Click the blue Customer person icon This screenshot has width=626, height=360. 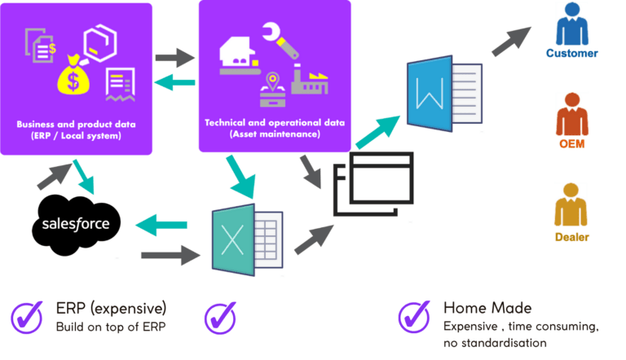(571, 25)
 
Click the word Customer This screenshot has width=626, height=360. (571, 54)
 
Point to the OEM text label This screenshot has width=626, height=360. (571, 144)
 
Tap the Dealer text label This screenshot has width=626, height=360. (571, 238)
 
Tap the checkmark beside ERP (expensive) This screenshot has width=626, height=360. (28, 314)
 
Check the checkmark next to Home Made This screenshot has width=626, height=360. (414, 314)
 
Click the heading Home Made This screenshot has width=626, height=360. (487, 308)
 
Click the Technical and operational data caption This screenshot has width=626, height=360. (275, 128)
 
